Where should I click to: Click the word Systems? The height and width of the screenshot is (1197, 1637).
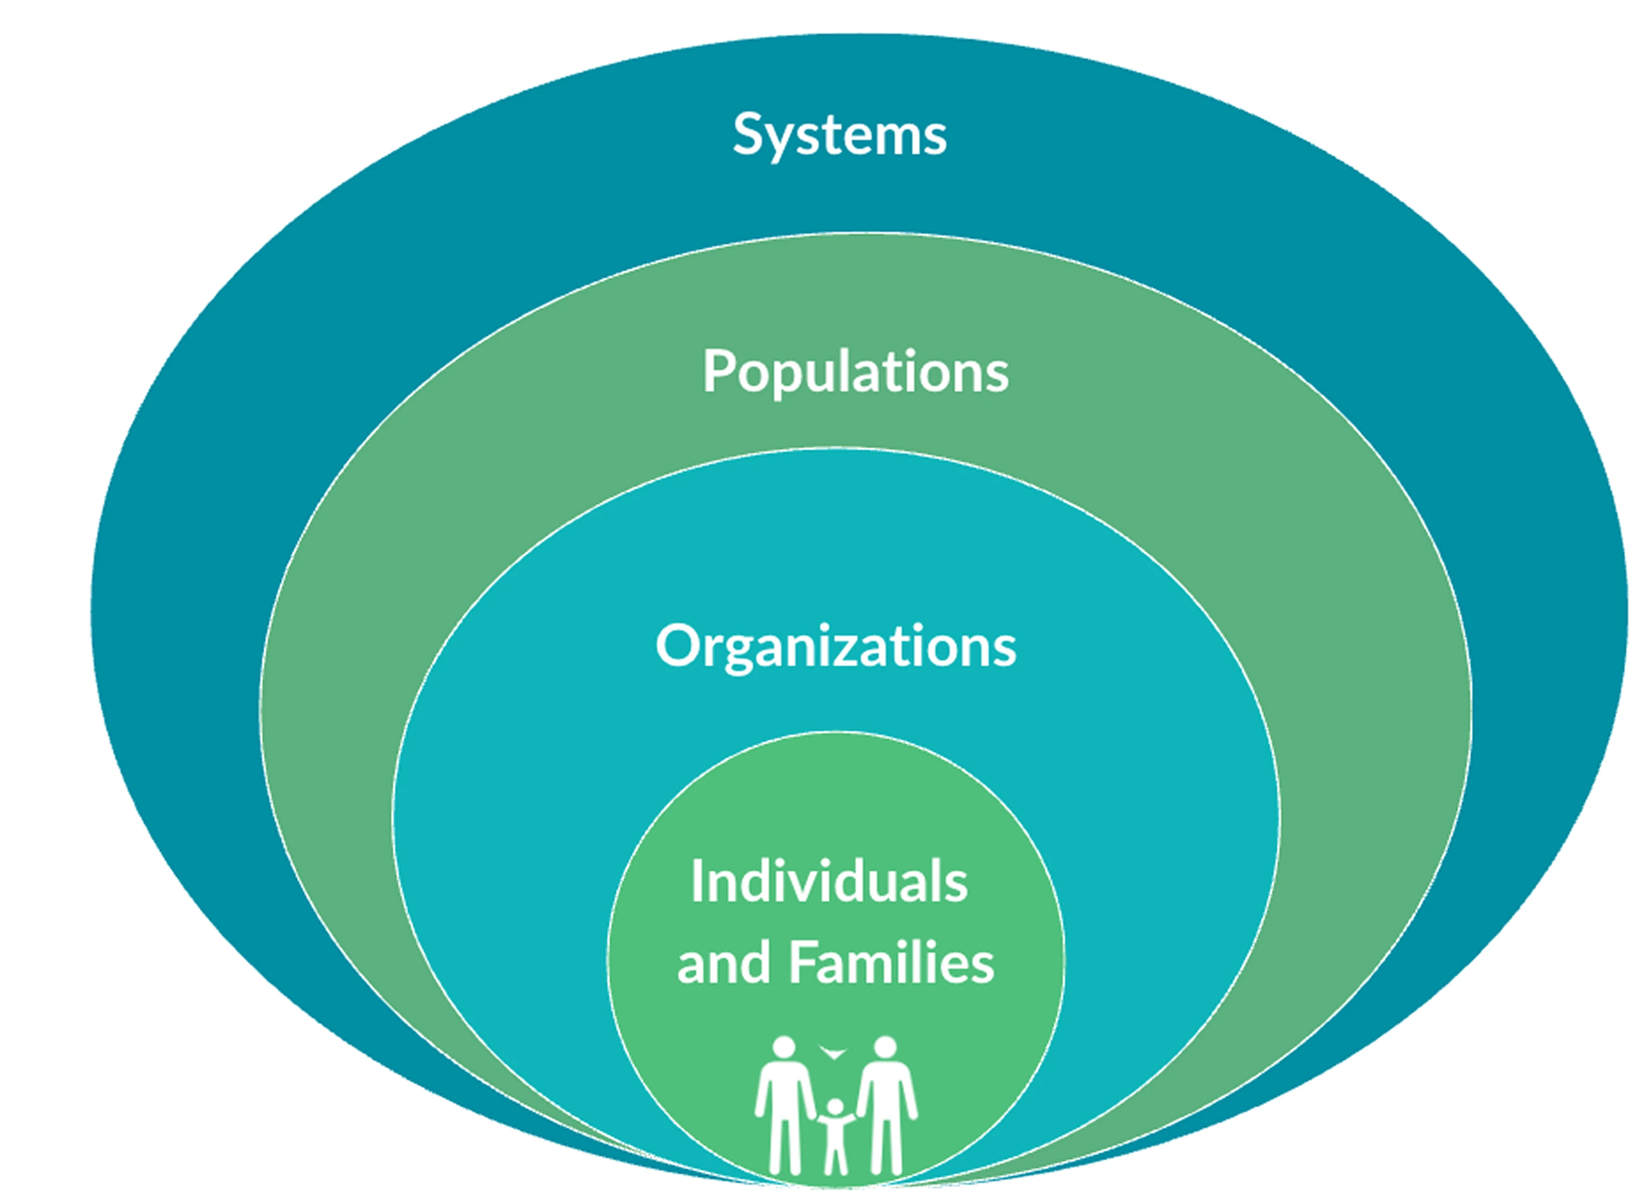(839, 135)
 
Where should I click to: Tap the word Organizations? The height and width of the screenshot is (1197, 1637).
(836, 646)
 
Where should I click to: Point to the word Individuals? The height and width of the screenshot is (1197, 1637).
(829, 881)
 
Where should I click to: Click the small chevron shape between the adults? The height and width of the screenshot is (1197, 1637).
(833, 1052)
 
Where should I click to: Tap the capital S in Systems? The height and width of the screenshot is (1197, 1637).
(747, 134)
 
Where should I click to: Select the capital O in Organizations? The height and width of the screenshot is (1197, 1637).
(678, 645)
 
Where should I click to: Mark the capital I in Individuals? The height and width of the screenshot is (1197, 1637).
(697, 881)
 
